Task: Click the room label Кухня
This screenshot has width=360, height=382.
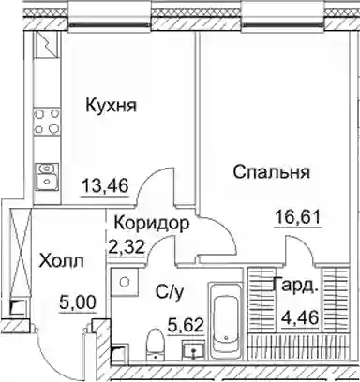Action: [x=112, y=105]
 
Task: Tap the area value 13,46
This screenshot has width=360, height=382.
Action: [x=105, y=186]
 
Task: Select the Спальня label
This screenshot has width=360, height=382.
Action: [x=272, y=172]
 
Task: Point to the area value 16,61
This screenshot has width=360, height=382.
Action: [x=298, y=217]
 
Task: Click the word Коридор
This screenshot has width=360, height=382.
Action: [x=152, y=224]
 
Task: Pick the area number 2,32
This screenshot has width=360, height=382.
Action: [x=127, y=247]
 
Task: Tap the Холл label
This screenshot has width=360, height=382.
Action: [x=62, y=261]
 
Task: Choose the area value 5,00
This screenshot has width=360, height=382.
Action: [x=78, y=302]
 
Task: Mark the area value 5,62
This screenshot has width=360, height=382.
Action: [x=187, y=326]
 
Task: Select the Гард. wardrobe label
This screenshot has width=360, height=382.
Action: [x=295, y=285]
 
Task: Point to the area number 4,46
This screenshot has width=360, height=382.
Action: [x=300, y=318]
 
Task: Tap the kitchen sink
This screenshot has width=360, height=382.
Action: [x=47, y=176]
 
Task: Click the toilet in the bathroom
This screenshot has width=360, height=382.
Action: [x=156, y=343]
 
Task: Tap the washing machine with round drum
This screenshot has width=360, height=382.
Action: [x=125, y=283]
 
